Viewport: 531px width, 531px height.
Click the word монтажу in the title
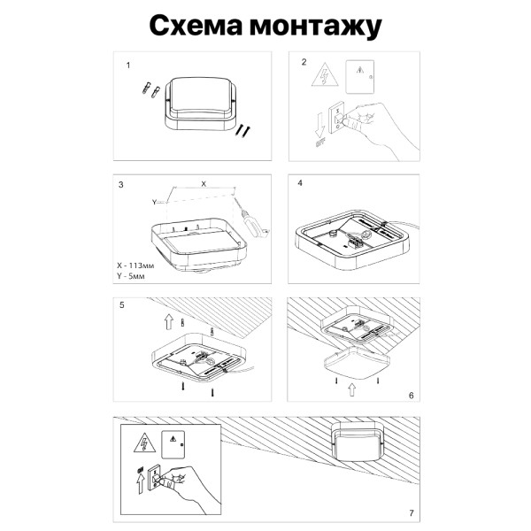point(318,27)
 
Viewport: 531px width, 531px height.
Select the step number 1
point(129,65)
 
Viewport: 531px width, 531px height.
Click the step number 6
point(411,394)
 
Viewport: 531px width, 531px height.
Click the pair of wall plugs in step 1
point(148,90)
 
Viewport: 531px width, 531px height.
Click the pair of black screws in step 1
point(242,130)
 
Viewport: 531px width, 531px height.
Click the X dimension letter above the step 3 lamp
point(204,183)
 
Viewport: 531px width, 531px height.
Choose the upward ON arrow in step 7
point(139,478)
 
